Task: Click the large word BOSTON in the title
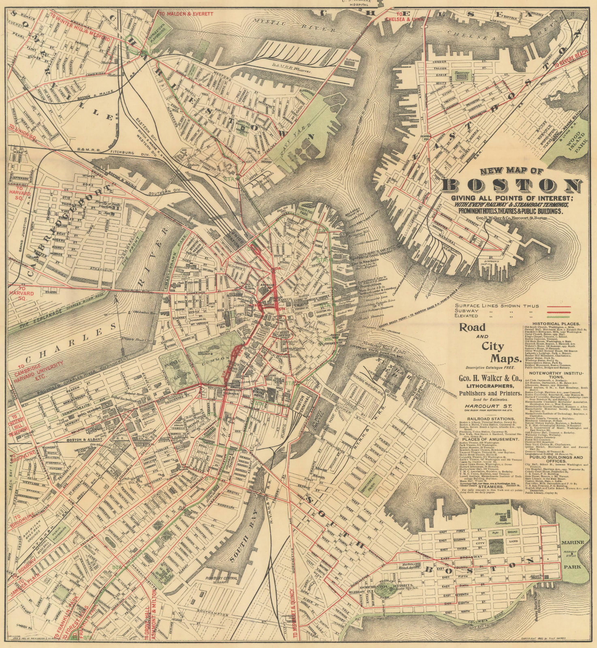tap(511, 186)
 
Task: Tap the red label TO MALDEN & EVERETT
tap(186, 14)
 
